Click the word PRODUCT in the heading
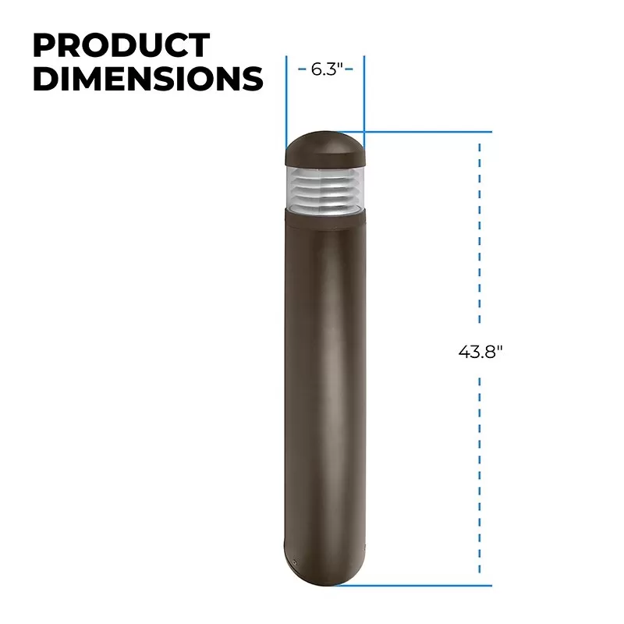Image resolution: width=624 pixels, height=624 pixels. click(122, 45)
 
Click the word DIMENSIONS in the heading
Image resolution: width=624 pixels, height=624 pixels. click(148, 78)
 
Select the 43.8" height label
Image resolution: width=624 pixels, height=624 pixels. click(480, 352)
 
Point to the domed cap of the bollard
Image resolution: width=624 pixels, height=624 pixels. click(324, 148)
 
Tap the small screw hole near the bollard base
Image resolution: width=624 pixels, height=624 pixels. click(295, 562)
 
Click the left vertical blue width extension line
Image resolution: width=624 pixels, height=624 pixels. click(286, 105)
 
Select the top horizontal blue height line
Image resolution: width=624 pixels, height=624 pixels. click(414, 132)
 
